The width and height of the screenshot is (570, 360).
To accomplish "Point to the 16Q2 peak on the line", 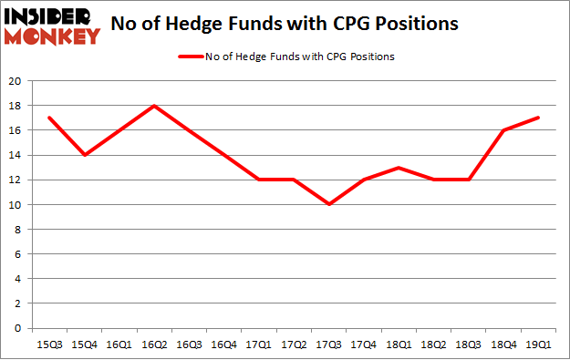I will point(155,106).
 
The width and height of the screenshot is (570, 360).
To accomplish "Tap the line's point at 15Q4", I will point(85,155).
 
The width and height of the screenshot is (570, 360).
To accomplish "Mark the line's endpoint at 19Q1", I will point(538,118).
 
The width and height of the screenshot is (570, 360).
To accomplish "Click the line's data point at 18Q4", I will point(503,130).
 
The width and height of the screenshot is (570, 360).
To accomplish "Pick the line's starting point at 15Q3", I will point(50,118).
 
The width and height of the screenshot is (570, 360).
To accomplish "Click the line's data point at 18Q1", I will point(399,168).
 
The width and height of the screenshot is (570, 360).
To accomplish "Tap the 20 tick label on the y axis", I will point(17,81).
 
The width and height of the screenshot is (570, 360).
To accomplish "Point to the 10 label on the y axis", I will point(17,205).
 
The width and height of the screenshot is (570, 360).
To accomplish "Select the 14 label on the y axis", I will point(17,156).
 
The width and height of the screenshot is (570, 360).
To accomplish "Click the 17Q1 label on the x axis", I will point(259,345).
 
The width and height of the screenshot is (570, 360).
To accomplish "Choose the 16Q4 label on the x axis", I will point(224,345).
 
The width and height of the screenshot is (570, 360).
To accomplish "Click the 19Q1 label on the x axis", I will point(538,345).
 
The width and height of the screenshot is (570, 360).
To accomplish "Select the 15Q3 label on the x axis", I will point(50,345).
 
